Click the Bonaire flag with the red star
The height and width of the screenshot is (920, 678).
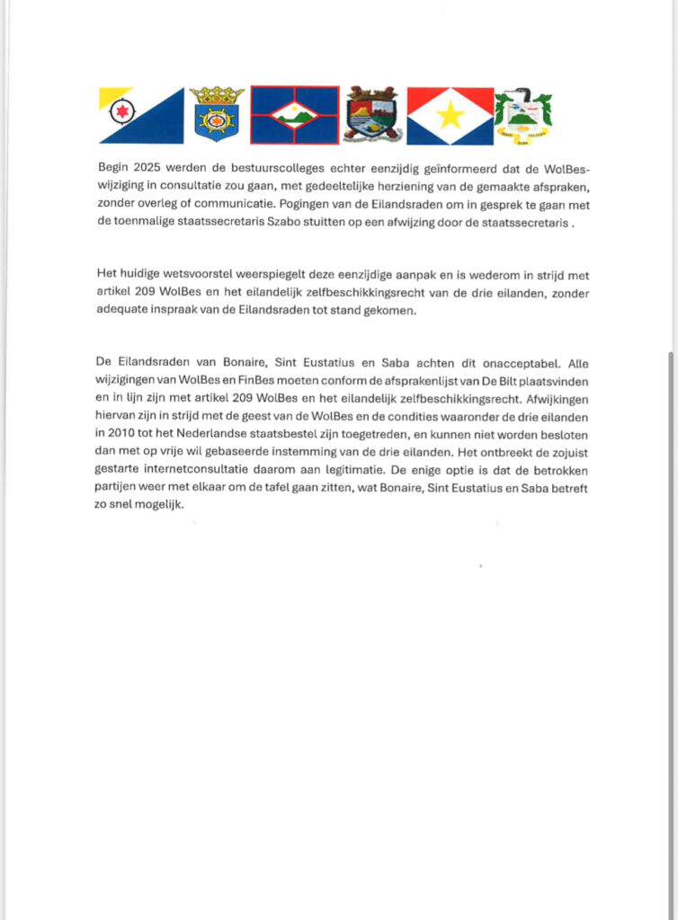140,115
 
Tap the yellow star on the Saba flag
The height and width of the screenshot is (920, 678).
450,115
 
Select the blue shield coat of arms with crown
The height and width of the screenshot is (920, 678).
217,114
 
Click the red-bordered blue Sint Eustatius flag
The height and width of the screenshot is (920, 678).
294,115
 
